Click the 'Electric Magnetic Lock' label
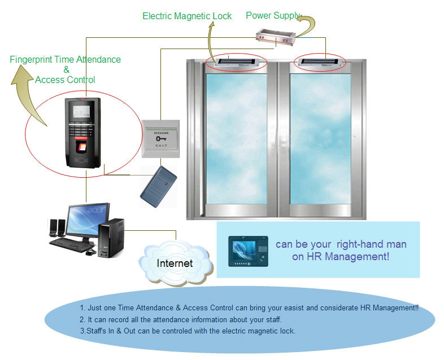point(187,16)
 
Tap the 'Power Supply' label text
point(272,15)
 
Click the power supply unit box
point(276,37)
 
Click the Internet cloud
point(175,263)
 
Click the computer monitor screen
point(88,222)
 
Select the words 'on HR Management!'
point(332,257)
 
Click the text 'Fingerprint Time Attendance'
point(66,59)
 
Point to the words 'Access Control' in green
point(65,80)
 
